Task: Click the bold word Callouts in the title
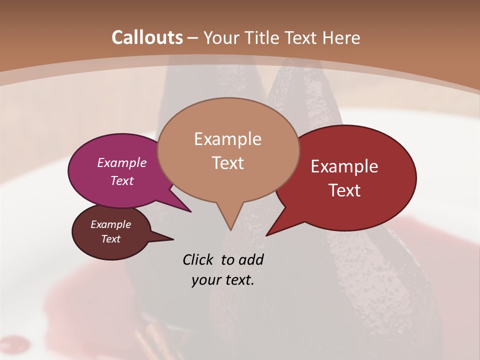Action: [147, 37]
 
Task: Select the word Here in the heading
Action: [340, 37]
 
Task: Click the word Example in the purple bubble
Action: [122, 162]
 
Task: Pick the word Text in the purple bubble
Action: [122, 180]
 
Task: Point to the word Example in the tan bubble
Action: [227, 139]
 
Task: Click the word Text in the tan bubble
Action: [227, 163]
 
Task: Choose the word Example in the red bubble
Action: [344, 166]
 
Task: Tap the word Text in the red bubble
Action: [344, 190]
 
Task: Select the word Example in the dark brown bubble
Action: [111, 224]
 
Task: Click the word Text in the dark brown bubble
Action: [111, 239]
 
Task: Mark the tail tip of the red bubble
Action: [267, 235]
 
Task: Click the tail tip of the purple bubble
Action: [190, 211]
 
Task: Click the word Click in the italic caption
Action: [198, 259]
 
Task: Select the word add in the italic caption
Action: [251, 259]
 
